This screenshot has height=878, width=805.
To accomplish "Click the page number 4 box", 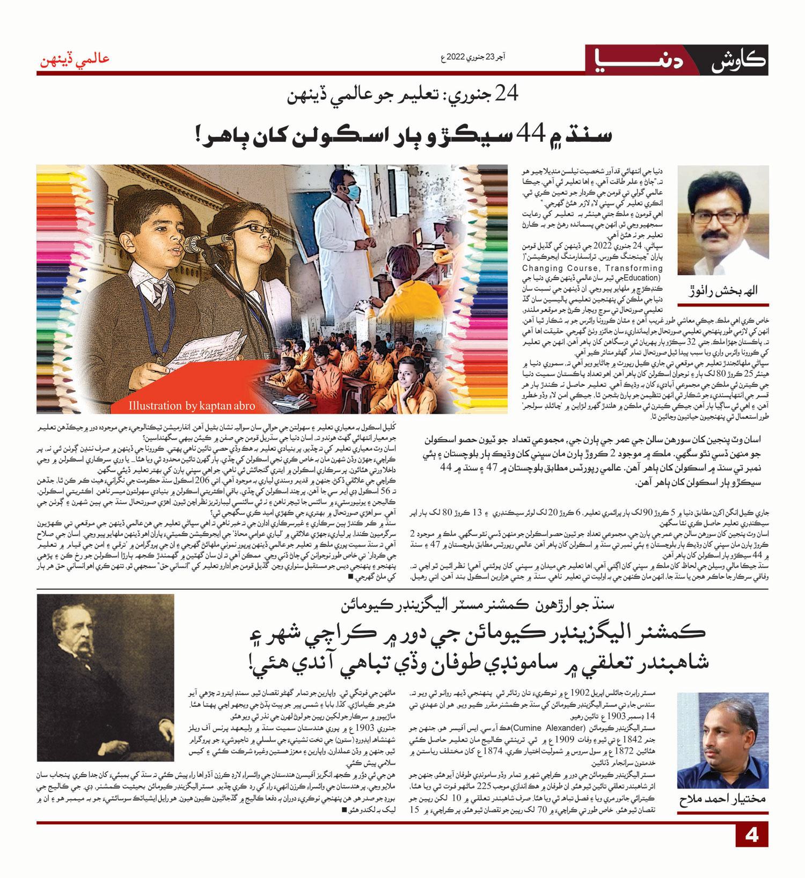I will tap(751, 835).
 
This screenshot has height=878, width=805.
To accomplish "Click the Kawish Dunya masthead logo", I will tap(677, 60).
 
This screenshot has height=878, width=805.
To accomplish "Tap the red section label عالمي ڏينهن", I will tap(75, 58).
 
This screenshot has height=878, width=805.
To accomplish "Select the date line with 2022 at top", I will tap(473, 56).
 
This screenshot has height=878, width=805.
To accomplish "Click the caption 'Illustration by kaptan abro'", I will tap(192, 406).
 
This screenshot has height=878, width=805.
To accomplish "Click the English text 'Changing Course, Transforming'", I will tap(592, 268).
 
